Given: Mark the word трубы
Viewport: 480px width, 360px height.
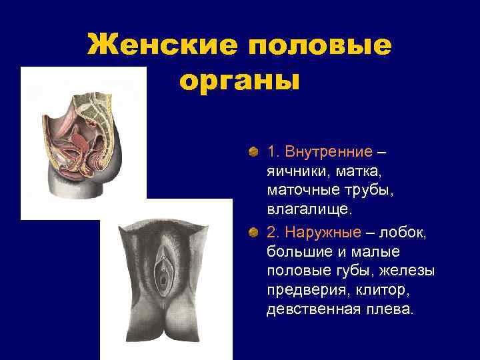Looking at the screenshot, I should pos(367,191).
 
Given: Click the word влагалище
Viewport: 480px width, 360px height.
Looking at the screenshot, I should pos(307,210).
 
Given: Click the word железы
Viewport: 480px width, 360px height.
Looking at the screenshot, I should pos(411,271).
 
